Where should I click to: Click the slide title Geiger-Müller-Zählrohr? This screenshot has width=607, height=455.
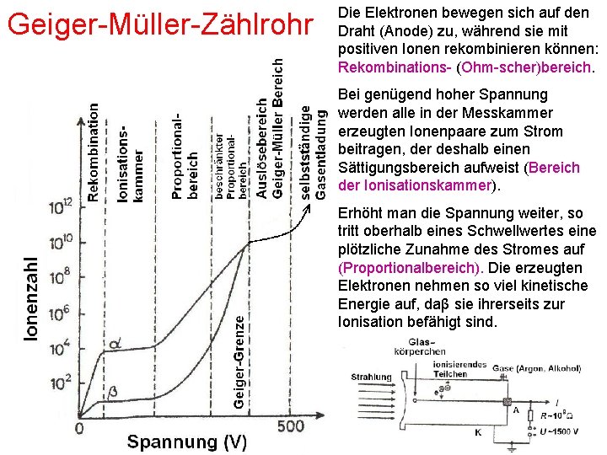(159, 25)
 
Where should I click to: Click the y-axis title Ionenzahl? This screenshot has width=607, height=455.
(30, 299)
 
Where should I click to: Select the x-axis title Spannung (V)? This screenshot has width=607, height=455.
(187, 442)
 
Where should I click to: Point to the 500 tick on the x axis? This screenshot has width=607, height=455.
(290, 426)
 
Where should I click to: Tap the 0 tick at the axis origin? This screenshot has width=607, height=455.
(79, 428)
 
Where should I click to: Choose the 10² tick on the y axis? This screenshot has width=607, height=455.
(61, 384)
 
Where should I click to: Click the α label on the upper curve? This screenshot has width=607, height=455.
(115, 343)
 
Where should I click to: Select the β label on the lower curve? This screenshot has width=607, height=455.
(114, 393)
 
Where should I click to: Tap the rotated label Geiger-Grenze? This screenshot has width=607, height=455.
(240, 362)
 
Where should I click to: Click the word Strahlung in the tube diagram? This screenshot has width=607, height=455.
(371, 377)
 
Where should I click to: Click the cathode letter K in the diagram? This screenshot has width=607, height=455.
(477, 432)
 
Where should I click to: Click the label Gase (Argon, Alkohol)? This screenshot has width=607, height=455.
(531, 368)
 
